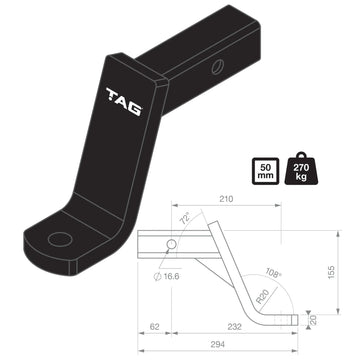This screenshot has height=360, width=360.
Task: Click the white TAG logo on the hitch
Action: (x=124, y=96)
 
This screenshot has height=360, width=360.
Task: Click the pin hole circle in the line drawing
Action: (x=173, y=245)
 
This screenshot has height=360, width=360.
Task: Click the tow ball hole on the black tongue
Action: (x=63, y=240)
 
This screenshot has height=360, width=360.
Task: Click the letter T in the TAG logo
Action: (x=112, y=97)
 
